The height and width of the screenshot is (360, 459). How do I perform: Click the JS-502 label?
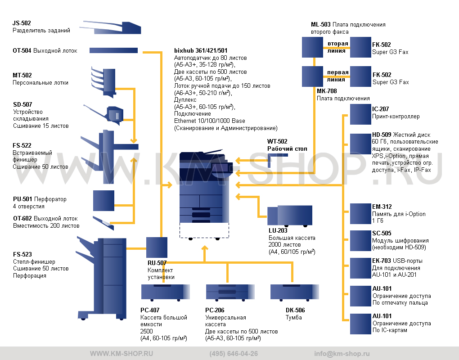[x=22, y=23]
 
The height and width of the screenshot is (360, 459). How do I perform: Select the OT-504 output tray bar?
[x=113, y=51]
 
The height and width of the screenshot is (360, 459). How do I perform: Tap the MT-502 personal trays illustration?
[x=103, y=82]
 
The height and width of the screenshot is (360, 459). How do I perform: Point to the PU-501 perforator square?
[x=103, y=201]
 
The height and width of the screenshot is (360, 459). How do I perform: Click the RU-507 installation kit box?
[x=157, y=247]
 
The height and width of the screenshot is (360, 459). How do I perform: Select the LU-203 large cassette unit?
[x=290, y=216]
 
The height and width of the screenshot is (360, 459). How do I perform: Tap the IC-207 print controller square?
[x=360, y=114]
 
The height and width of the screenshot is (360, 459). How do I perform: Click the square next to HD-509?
[x=360, y=144]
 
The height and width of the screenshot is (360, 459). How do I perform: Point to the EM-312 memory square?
[x=360, y=214]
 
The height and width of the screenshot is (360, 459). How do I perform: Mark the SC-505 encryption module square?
[x=360, y=241]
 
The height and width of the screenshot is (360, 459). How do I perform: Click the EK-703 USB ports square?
[x=360, y=268]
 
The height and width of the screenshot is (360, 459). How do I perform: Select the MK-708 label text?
[x=327, y=91]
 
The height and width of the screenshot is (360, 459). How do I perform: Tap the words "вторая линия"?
[x=337, y=47]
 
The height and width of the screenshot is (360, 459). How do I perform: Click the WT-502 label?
[x=277, y=141]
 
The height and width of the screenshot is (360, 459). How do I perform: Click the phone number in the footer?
[x=234, y=354]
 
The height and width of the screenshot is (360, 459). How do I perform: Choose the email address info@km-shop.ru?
[x=342, y=354]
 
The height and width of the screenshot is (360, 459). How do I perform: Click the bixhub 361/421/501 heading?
[x=201, y=51]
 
